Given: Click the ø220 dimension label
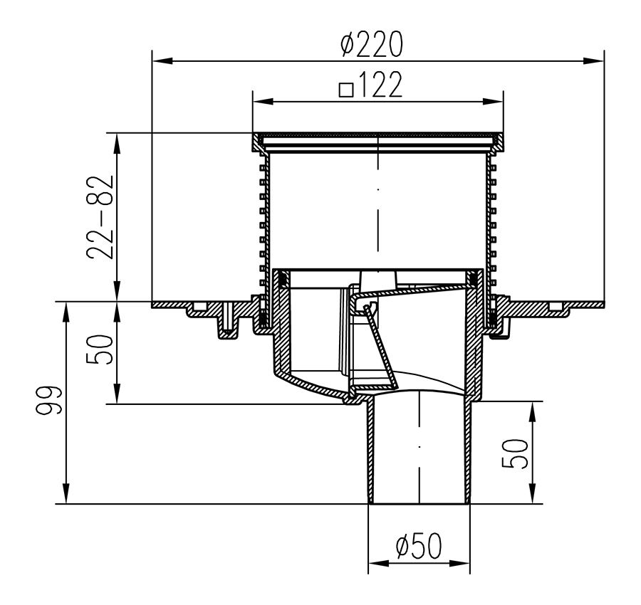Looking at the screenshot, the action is (x=372, y=44).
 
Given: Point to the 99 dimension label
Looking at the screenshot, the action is (x=48, y=400).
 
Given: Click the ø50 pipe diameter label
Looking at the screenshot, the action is (x=419, y=545).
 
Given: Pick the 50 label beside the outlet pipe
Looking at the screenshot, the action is (x=515, y=453).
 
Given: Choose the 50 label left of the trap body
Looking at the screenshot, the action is (x=99, y=349).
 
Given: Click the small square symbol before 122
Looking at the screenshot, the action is (x=346, y=90).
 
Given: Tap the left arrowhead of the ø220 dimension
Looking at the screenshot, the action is (x=162, y=61).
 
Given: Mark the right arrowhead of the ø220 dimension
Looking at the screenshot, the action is (x=593, y=61).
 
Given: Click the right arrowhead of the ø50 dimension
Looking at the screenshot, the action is (x=459, y=564).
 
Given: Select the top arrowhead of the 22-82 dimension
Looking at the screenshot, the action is (x=117, y=143).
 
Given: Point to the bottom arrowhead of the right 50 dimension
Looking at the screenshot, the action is (x=532, y=493).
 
